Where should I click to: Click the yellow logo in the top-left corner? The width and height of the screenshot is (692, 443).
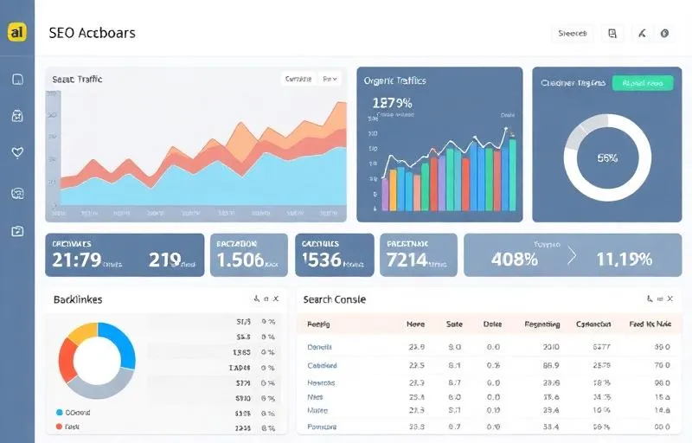tap(17, 32)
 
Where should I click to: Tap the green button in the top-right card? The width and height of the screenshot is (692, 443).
tap(642, 83)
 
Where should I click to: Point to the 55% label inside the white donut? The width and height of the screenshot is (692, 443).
tap(607, 158)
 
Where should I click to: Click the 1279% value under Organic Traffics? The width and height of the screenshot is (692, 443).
tap(392, 103)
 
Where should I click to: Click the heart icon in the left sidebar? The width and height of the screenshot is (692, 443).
tap(17, 153)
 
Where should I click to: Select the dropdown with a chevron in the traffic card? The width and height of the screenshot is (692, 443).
tap(330, 79)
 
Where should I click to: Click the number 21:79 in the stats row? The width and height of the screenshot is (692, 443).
tap(77, 259)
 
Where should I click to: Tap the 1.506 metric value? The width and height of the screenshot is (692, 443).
tap(240, 259)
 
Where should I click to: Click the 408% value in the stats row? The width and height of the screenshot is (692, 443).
tap(515, 258)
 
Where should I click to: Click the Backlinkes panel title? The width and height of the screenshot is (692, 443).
tap(78, 299)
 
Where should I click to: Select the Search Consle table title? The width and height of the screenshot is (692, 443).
tap(334, 299)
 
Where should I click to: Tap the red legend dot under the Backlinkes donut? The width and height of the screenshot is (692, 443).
tap(60, 427)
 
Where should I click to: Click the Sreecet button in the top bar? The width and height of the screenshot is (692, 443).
tap(573, 34)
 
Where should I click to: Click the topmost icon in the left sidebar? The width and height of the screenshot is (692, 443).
tap(17, 80)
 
